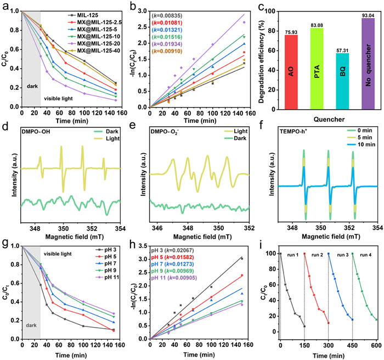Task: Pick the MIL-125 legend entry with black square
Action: (86, 11)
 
